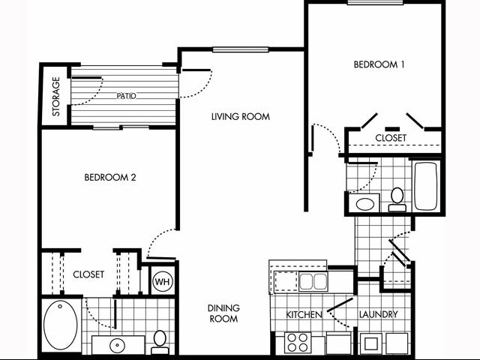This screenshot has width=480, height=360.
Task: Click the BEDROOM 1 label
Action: coord(379,64)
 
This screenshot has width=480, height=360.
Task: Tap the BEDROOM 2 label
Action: coord(109,178)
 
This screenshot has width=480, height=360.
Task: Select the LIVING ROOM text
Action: coord(240,116)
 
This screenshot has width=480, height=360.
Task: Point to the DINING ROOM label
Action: coord(223,313)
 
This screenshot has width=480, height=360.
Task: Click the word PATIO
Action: coord(125,96)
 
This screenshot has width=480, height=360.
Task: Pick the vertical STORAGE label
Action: coord(55,97)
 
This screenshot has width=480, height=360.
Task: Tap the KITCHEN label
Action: coord(304,314)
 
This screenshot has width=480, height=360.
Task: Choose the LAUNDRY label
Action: coord(378,314)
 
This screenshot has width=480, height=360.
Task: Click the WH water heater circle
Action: coord(161,282)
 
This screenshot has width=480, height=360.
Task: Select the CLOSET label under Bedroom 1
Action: coord(390,138)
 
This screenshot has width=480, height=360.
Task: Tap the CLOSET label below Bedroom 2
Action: coord(88,274)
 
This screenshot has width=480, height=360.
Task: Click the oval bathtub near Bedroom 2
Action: coord(61,325)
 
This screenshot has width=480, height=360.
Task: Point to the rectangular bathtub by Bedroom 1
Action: coord(425,185)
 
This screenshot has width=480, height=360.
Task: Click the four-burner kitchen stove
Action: coord(297,342)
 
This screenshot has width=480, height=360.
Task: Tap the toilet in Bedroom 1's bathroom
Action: coord(397,199)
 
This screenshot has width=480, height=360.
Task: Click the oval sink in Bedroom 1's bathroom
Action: coord(367,203)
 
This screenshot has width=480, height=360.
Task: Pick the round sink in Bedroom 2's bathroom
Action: coord(117,346)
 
